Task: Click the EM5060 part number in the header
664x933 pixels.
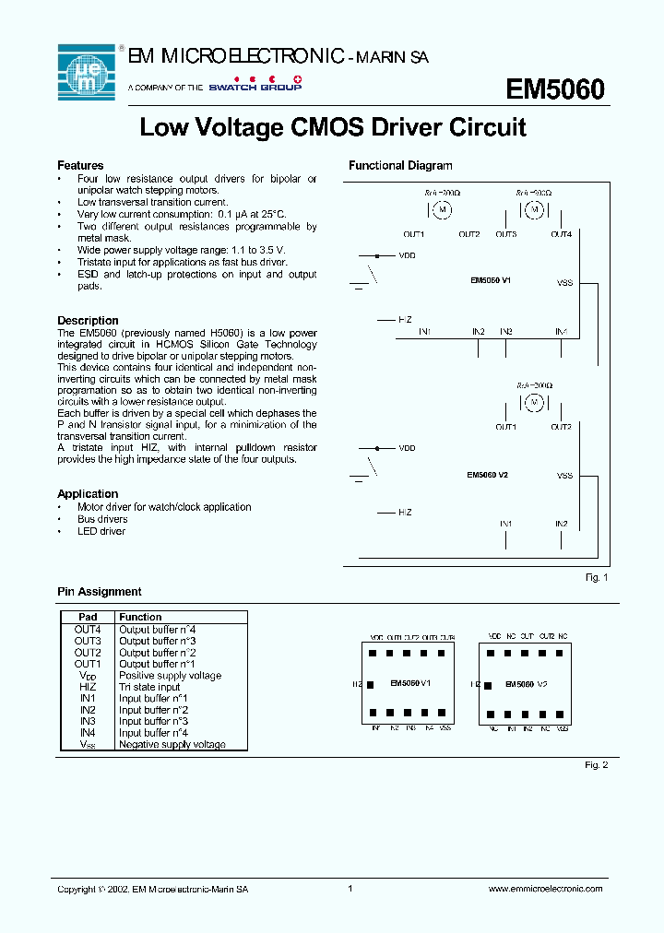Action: pos(555,89)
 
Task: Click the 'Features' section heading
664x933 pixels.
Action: pos(80,166)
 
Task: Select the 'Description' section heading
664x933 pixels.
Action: pos(88,321)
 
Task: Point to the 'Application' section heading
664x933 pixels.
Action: pos(88,494)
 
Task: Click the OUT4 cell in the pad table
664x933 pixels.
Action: pos(88,629)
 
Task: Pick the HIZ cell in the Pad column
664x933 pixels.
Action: pos(88,687)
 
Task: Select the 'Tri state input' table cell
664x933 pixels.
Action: pos(149,687)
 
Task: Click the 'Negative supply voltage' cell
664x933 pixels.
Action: pos(172,744)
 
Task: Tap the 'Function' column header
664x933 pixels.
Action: pos(140,617)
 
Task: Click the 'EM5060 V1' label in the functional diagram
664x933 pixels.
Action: pos(490,278)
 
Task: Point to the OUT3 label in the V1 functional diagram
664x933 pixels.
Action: pos(505,234)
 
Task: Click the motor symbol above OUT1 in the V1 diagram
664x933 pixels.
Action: pos(442,210)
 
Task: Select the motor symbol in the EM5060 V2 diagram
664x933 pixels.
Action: pos(534,402)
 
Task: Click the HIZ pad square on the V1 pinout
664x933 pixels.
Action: pos(371,685)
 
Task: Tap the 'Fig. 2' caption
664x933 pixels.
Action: pos(597,764)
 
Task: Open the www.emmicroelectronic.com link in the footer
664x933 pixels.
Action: pos(544,889)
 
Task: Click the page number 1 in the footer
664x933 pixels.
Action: pos(350,889)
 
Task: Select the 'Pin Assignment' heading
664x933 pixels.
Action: pos(100,592)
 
